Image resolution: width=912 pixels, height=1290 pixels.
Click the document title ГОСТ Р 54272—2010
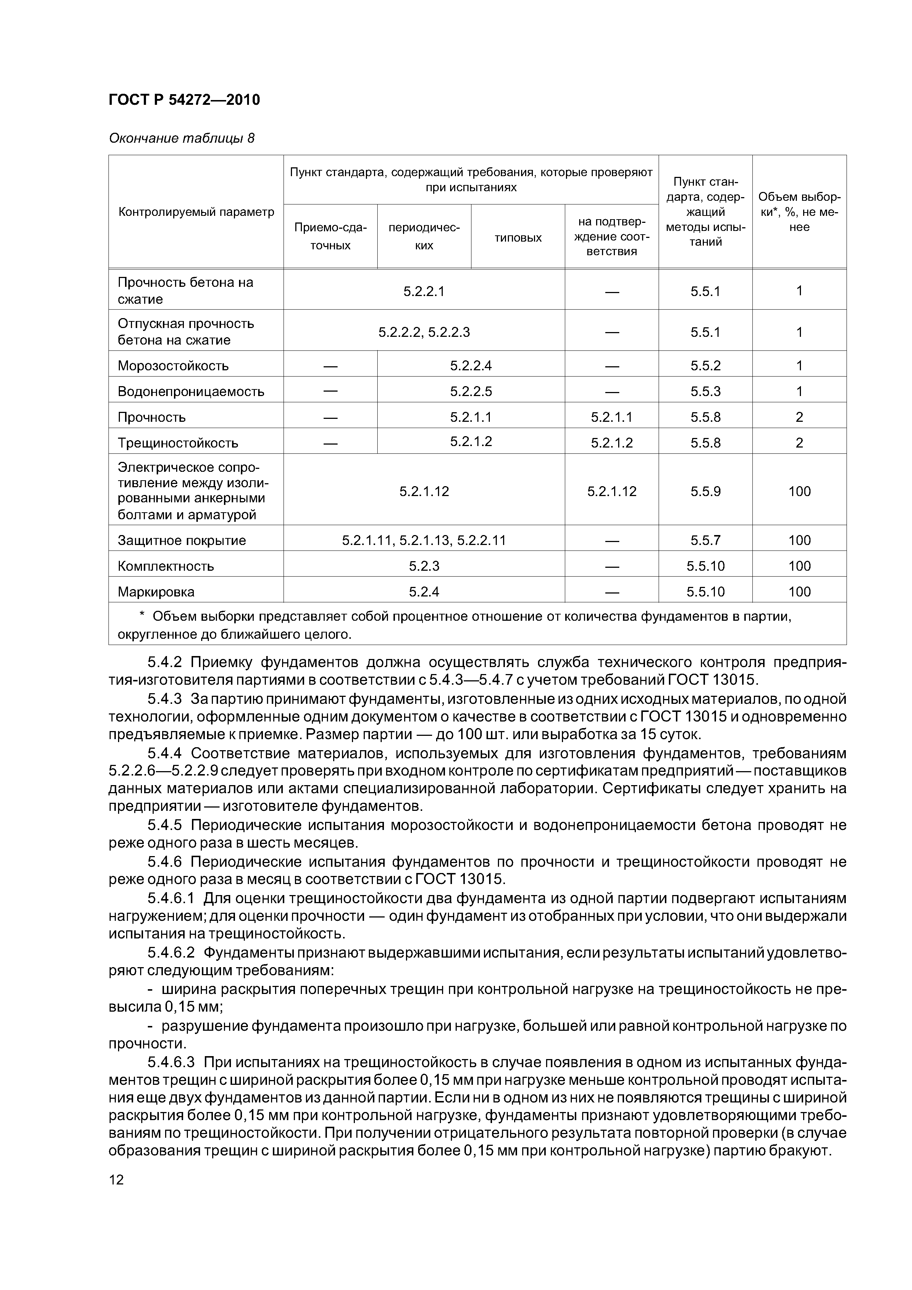point(184,100)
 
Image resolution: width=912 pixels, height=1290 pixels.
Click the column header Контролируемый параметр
point(196,212)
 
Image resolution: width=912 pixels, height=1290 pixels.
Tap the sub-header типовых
point(517,238)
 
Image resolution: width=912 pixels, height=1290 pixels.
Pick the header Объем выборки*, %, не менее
point(799,212)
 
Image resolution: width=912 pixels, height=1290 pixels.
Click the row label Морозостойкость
point(173,366)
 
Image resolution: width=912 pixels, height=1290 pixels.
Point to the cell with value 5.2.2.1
point(424,291)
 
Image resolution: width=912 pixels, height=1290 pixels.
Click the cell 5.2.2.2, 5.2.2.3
point(424,332)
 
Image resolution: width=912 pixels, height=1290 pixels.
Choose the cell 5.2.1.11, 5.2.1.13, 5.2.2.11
point(424,541)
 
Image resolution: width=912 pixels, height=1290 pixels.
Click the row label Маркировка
point(156,592)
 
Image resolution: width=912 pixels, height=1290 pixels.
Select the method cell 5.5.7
point(705,541)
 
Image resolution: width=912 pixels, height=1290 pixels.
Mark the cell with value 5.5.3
point(705,392)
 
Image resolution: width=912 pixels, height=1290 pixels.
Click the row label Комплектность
point(166,566)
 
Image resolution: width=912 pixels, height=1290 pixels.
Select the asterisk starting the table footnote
point(142,616)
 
